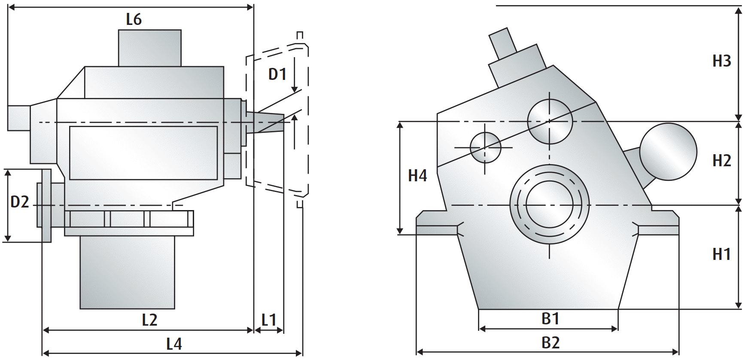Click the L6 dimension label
[134, 20]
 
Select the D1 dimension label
[277, 74]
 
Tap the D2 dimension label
[19, 202]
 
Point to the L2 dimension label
[149, 320]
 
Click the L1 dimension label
[269, 320]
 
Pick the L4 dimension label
[174, 344]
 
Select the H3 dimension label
[721, 61]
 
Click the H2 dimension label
[721, 161]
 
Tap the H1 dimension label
[721, 254]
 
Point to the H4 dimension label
[417, 176]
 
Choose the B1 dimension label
[550, 319]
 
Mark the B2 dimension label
[550, 343]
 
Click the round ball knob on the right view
[668, 152]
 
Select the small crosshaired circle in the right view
[485, 147]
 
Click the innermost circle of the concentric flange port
[550, 204]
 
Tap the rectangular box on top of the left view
[149, 48]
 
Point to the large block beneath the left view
[127, 272]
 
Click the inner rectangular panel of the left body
[143, 153]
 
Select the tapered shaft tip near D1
[271, 122]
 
